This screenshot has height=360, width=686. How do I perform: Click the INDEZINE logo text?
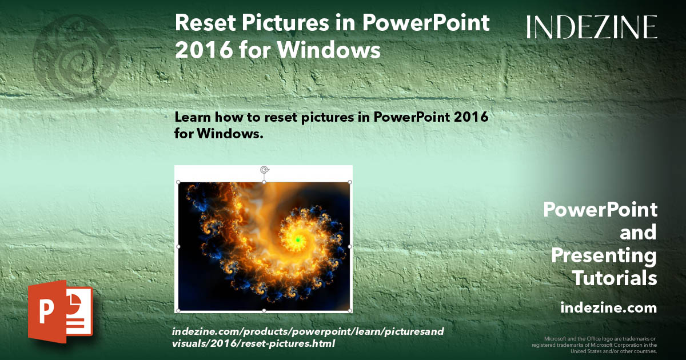[592, 27]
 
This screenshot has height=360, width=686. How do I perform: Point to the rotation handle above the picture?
[264, 170]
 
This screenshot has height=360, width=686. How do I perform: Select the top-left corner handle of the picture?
[179, 182]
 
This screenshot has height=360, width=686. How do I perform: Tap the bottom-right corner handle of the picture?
[350, 310]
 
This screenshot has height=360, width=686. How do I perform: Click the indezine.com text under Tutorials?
[608, 308]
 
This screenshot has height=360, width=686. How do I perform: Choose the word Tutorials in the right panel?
[615, 278]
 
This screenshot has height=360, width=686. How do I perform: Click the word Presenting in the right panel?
[604, 255]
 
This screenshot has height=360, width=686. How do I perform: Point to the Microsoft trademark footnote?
[595, 345]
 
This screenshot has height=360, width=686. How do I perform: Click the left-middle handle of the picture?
[179, 246]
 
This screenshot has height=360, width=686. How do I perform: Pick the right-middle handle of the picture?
[350, 246]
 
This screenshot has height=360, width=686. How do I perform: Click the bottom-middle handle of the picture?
[264, 310]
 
